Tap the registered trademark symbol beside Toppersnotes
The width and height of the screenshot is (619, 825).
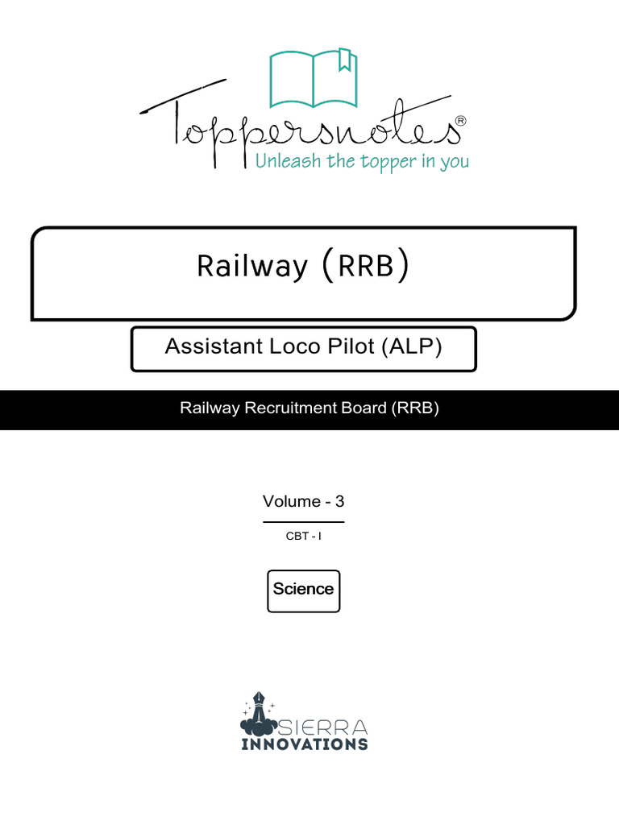click(460, 120)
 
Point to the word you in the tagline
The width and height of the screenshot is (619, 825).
click(455, 163)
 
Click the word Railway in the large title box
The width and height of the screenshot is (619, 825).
click(251, 266)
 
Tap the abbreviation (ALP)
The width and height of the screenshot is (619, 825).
click(413, 346)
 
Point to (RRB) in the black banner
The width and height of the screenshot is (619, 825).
click(416, 408)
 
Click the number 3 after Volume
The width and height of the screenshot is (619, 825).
click(339, 501)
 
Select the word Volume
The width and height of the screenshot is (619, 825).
click(291, 501)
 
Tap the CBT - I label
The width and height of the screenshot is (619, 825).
click(303, 536)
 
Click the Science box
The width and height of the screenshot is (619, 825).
click(303, 589)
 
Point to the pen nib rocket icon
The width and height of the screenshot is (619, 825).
click(260, 709)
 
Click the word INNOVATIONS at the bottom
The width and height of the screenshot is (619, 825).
click(305, 744)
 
